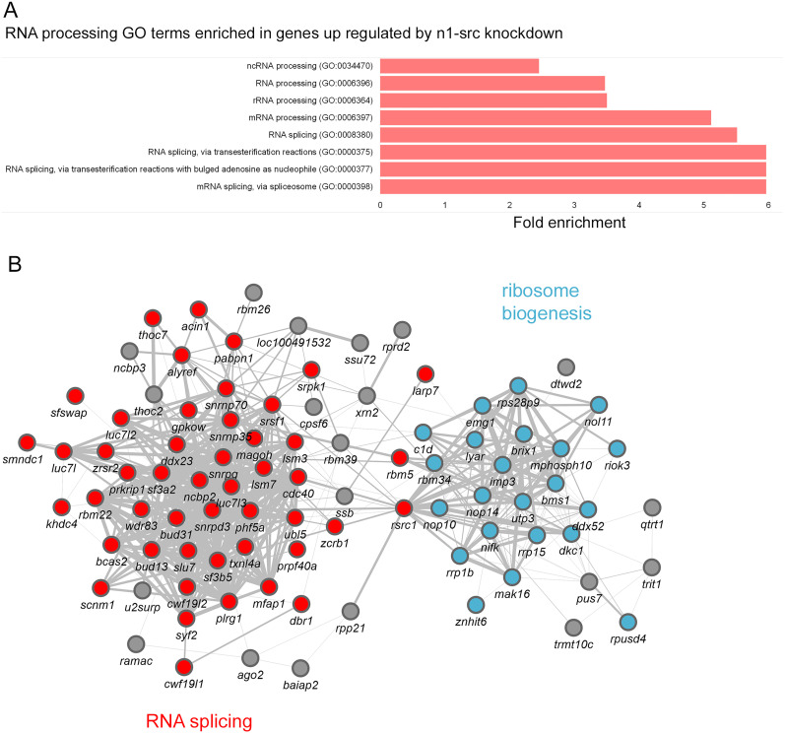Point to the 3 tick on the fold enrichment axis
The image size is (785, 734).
pos(575,204)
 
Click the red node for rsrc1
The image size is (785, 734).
pos(403,508)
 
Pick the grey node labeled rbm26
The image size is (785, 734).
pos(253,293)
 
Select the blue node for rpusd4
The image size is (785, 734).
pos(627,622)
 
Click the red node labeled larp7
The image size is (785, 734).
pos(425,373)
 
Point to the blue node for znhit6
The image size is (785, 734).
pos(476,604)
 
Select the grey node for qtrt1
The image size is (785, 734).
pos(651,507)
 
